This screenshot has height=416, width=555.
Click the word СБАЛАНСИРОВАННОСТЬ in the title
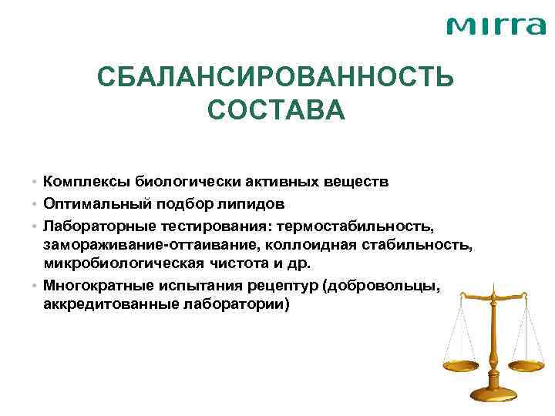click(x=277, y=79)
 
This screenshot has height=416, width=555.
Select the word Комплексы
click(x=87, y=183)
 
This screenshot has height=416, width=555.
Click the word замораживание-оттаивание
click(x=147, y=245)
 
